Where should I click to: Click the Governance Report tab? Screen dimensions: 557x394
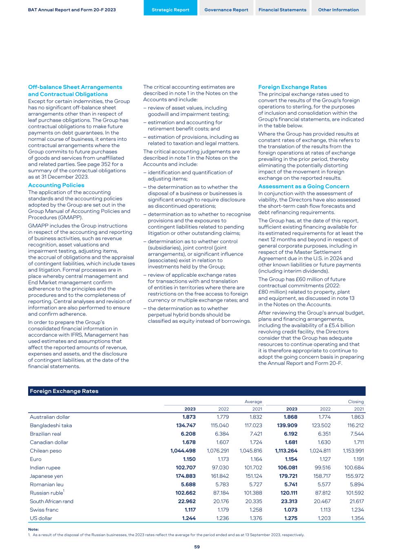(x=226, y=10)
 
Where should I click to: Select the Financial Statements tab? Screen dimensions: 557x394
(x=282, y=10)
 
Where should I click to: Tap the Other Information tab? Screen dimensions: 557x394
(x=338, y=10)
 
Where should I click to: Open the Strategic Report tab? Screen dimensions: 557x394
(x=170, y=10)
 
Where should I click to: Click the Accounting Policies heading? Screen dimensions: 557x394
(x=56, y=185)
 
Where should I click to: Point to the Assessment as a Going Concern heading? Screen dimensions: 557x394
(x=303, y=186)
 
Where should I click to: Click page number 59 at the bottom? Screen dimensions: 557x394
(x=197, y=547)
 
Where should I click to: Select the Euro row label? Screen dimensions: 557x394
(x=35, y=459)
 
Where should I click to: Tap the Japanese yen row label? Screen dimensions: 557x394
(x=46, y=476)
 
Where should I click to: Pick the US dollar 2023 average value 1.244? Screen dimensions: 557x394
(x=189, y=518)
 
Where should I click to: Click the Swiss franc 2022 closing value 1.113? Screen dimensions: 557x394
(x=325, y=510)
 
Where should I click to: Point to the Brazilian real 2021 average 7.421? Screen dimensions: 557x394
(x=255, y=434)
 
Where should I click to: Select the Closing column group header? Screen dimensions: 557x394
(x=356, y=402)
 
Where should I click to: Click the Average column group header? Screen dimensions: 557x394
(x=253, y=402)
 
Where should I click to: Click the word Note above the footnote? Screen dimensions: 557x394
(x=33, y=529)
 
